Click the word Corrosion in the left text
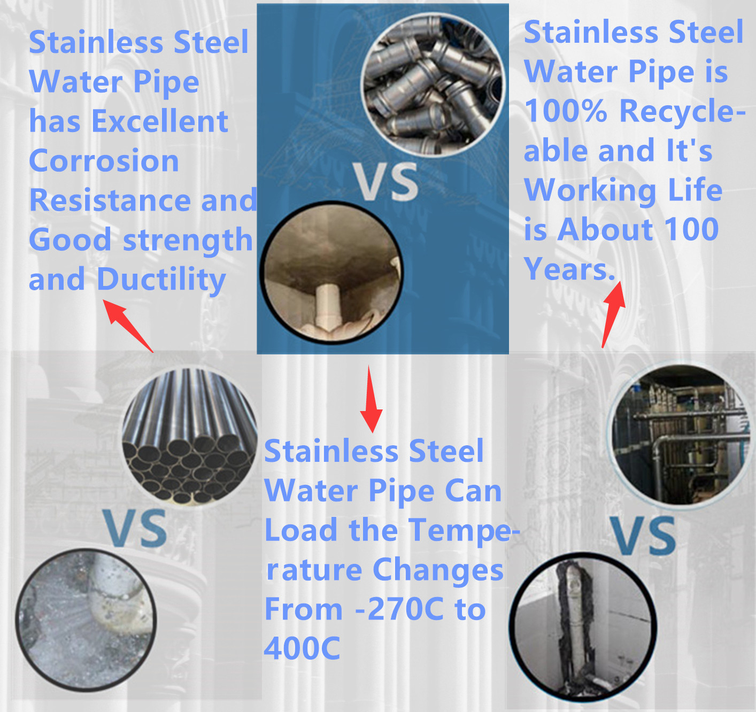(x=104, y=161)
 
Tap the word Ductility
(x=161, y=280)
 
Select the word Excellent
(x=160, y=121)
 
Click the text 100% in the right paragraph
(x=566, y=111)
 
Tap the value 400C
(x=302, y=648)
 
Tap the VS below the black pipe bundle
(x=135, y=529)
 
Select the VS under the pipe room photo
(x=643, y=536)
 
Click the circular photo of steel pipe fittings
(x=433, y=86)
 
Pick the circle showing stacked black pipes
(x=189, y=436)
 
